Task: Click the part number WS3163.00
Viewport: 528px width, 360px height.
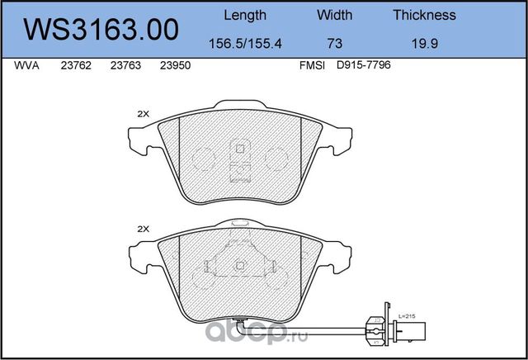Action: click(x=101, y=30)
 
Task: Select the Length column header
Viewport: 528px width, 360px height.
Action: click(x=245, y=16)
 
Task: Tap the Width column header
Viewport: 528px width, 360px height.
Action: click(x=334, y=15)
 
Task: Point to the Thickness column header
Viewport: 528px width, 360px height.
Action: click(x=424, y=15)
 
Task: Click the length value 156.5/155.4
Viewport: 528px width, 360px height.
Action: click(x=245, y=44)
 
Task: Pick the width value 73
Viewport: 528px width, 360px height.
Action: click(x=334, y=44)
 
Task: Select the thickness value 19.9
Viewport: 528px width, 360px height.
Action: click(x=425, y=44)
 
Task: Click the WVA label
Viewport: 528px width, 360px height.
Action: click(x=26, y=65)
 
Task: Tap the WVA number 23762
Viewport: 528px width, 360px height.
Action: click(x=76, y=65)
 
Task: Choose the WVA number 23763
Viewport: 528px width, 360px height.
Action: click(x=125, y=65)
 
